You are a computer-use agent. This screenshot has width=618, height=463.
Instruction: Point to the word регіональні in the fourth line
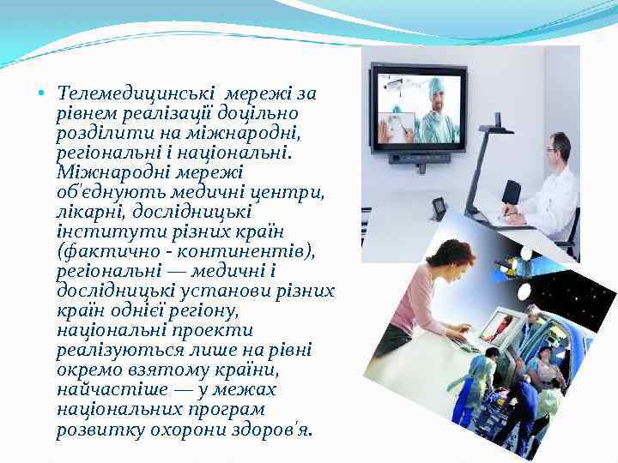tap(102, 151)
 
